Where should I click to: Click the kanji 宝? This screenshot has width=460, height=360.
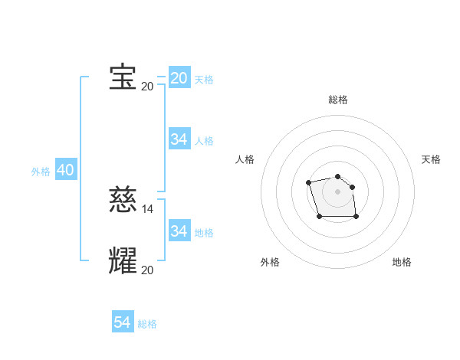(123, 77)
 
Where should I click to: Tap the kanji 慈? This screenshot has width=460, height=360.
(123, 200)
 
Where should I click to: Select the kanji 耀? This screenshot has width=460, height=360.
(123, 261)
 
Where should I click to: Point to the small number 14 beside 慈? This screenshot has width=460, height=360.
(148, 208)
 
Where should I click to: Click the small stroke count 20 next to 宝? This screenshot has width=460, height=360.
(147, 86)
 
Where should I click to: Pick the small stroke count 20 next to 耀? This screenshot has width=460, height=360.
(148, 270)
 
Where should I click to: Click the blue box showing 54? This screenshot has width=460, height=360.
(123, 322)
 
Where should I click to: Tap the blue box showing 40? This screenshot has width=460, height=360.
(65, 170)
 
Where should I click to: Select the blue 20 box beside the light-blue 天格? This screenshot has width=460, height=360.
(179, 78)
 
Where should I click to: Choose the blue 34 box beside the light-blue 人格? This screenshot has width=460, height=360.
(179, 139)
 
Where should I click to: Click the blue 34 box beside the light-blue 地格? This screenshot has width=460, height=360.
(179, 231)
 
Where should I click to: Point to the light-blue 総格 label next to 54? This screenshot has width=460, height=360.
(147, 324)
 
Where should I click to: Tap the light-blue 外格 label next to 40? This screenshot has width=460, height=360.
(41, 172)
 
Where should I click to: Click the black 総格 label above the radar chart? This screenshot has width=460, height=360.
(338, 100)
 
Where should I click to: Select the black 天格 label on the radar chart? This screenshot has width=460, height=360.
(431, 159)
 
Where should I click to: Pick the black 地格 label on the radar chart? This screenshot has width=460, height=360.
(402, 262)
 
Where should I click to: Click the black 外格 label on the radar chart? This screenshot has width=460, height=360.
(270, 262)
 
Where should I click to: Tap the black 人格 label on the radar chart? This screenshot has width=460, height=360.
(245, 159)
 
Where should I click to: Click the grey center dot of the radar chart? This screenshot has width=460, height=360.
(338, 191)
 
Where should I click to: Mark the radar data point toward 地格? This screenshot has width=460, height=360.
(356, 217)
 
